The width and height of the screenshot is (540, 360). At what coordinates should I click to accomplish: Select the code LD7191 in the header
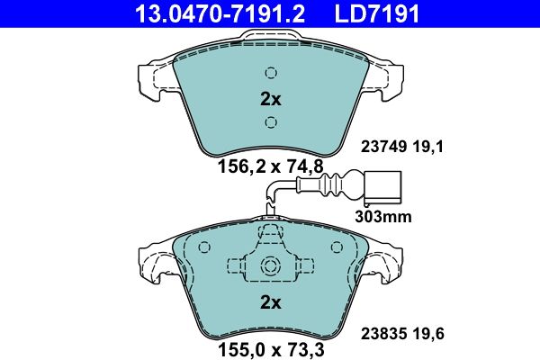378,13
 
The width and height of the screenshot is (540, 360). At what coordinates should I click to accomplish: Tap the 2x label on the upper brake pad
270,98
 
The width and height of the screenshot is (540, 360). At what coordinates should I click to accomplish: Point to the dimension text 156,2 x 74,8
270,166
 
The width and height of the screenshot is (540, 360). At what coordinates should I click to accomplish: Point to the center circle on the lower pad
270,265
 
